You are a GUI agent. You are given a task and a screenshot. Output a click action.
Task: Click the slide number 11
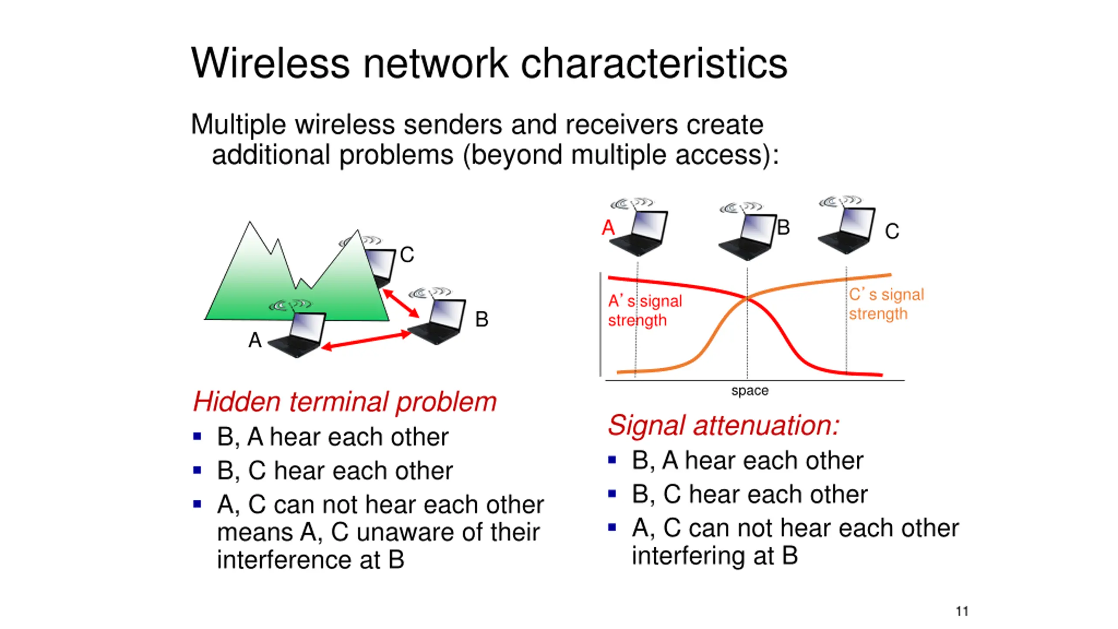coord(962,611)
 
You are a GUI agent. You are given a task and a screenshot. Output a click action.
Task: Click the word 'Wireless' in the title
coord(270,64)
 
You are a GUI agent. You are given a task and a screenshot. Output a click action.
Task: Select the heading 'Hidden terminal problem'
coord(345,401)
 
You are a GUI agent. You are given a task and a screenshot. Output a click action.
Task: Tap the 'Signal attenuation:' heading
coord(723,425)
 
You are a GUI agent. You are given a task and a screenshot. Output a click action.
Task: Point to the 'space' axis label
coord(750,391)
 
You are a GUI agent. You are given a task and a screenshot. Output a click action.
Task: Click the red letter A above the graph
coord(608,228)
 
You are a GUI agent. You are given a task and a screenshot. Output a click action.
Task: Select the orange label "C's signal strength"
coord(886,304)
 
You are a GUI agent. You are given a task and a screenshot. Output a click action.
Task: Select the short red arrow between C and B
coord(400,303)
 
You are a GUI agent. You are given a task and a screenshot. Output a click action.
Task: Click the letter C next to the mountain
coord(407,255)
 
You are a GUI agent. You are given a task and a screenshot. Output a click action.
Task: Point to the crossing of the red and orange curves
coord(747,298)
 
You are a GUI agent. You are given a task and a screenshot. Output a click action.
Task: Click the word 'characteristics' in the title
coord(654,64)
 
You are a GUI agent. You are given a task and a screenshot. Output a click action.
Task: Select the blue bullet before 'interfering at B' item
coord(612,527)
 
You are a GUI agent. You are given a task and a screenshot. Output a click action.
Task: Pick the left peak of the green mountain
coord(250,224)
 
